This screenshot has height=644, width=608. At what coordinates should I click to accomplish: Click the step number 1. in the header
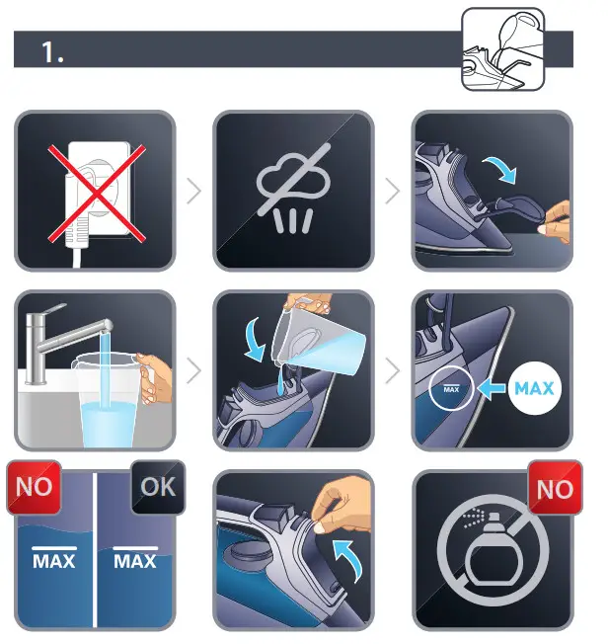point(52,52)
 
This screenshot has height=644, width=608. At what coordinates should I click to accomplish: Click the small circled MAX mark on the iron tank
point(451,387)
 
